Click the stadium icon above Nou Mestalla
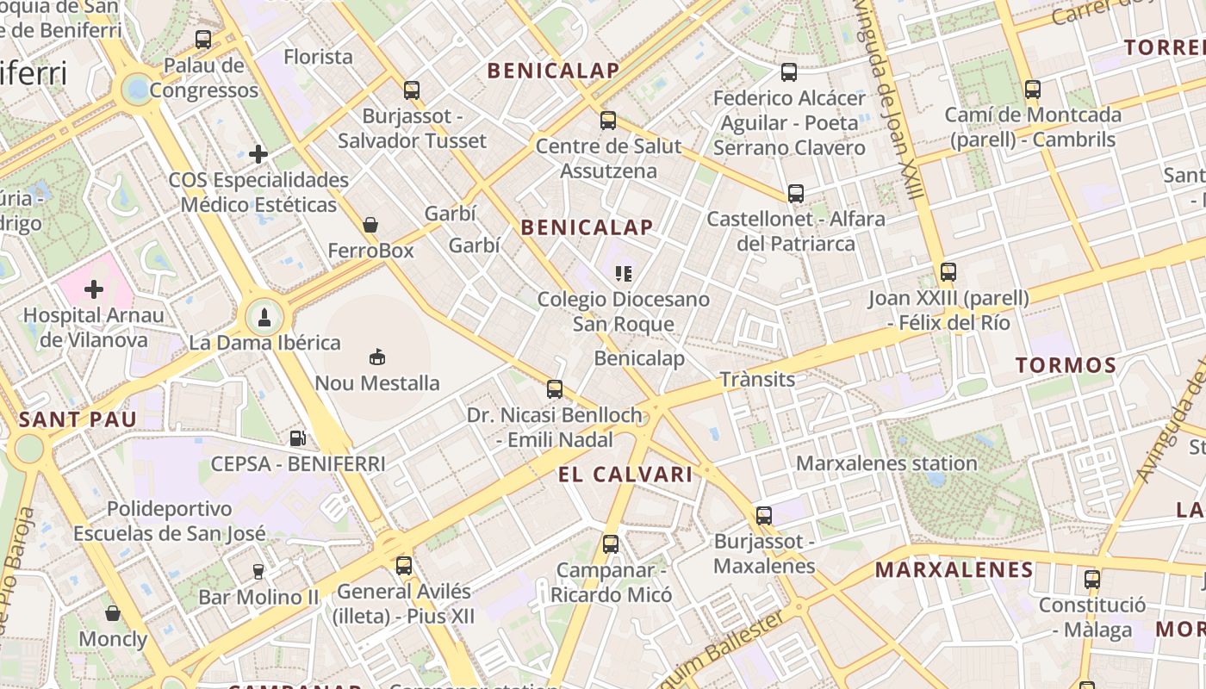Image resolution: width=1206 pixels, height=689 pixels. coord(376,357)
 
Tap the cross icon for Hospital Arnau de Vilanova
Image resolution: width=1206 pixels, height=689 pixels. coord(94,289)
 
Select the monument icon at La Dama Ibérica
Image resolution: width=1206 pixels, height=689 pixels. coord(265,317)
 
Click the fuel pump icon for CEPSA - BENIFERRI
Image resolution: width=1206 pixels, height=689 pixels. coord(297,438)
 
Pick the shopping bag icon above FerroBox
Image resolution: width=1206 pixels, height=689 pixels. coord(370,225)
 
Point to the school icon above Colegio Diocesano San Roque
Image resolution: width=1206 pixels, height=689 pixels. coord(624,274)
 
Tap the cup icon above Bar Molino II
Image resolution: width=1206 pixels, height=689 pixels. coord(258,571)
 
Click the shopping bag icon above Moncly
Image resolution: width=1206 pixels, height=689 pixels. coord(113,613)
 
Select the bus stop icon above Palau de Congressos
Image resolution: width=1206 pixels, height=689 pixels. coord(203,39)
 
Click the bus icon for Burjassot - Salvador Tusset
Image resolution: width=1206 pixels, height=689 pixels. coord(412,90)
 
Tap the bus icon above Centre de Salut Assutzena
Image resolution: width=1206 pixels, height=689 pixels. coord(608,120)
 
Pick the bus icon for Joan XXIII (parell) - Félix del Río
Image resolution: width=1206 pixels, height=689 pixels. coord(948,272)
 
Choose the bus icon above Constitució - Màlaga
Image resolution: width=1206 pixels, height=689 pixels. coord(1092,579)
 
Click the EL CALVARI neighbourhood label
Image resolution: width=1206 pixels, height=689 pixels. coord(625,475)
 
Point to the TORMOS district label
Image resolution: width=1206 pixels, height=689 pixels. coord(1066,365)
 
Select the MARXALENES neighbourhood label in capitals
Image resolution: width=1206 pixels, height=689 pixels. coord(954,569)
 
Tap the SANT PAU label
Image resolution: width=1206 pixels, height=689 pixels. coord(78,420)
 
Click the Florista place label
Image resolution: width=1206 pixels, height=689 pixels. coord(319,57)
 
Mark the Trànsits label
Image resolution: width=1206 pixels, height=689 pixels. coord(757,379)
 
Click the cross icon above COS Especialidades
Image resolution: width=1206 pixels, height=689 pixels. coord(258,154)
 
